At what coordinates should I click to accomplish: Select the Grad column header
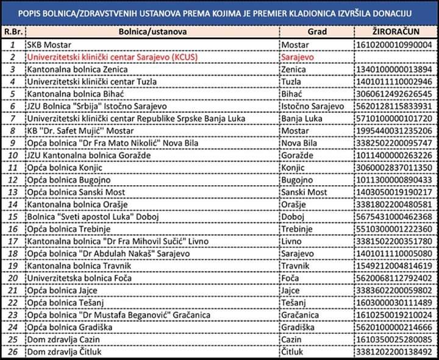[x=316, y=32]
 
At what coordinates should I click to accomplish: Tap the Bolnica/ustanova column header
[x=152, y=32]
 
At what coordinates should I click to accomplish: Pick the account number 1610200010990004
[x=393, y=44]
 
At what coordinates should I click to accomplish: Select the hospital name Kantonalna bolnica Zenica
[x=73, y=69]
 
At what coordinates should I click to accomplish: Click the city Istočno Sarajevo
[x=312, y=107]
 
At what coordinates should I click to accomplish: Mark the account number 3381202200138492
[x=393, y=353]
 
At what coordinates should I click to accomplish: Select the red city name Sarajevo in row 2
[x=298, y=57]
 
